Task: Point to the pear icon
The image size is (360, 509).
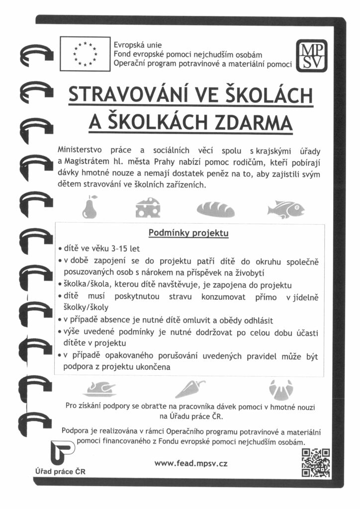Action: (90, 208)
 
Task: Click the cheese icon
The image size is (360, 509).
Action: (148, 208)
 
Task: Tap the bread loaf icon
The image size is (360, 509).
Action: (215, 209)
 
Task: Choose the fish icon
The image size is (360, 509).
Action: (284, 209)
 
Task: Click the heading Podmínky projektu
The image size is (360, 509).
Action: (188, 233)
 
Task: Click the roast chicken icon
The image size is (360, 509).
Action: (99, 388)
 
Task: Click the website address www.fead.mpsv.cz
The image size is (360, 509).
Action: (191, 463)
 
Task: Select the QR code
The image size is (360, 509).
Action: (316, 462)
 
